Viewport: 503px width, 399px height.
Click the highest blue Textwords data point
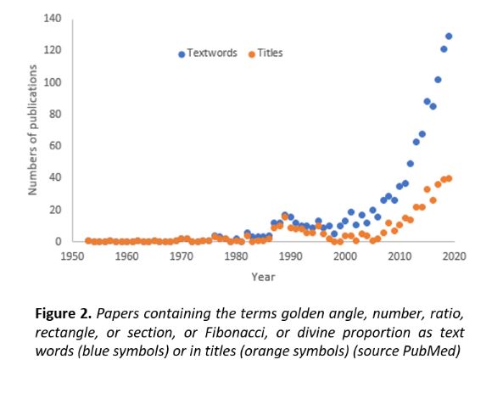449,37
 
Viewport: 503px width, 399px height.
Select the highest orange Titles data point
449,178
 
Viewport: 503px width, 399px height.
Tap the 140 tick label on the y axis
53,19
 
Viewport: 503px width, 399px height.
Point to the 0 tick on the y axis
58,241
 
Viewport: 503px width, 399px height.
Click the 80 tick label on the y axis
55,114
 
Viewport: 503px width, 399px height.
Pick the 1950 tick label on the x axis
73,256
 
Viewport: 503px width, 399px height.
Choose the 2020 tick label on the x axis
454,256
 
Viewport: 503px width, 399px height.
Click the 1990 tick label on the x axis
291,256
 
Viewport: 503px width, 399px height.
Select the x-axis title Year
263,277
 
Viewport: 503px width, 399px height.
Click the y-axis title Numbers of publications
33,130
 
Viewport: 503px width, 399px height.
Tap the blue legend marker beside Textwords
182,54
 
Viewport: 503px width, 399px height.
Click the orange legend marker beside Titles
252,54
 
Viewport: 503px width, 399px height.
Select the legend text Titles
270,53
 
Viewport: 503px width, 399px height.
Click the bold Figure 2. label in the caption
64,313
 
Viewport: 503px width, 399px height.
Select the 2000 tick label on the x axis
345,256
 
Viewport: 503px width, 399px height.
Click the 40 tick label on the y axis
55,177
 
